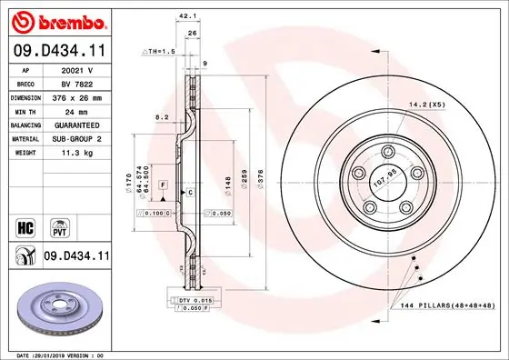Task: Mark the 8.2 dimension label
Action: tap(163, 117)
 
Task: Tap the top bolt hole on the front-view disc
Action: tap(387, 152)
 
